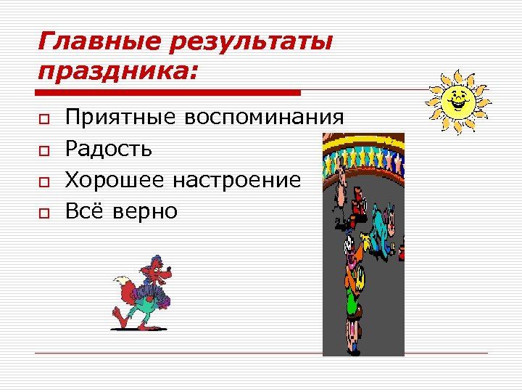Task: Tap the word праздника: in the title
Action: click(x=119, y=73)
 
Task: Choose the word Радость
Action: click(x=109, y=149)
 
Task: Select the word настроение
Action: click(x=242, y=180)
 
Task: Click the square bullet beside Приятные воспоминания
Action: click(x=44, y=118)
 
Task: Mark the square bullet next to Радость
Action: click(x=44, y=150)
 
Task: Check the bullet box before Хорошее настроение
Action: click(x=44, y=181)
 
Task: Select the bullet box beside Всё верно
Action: click(x=44, y=212)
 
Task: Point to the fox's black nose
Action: click(x=173, y=273)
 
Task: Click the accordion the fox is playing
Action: click(x=154, y=295)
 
